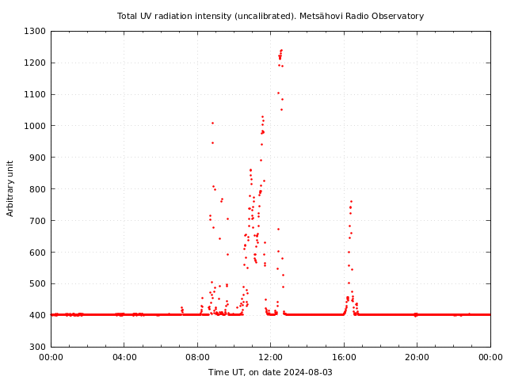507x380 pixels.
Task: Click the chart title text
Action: coord(270,16)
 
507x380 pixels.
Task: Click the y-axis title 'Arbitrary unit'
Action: coord(10,188)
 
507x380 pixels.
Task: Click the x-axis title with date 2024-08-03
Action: coord(270,372)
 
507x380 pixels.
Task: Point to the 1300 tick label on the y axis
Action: coord(35,31)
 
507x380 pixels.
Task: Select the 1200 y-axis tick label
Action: coord(35,63)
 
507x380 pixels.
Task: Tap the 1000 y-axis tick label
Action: coord(35,126)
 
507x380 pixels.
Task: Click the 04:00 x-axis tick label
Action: coord(124,357)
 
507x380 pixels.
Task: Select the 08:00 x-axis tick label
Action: coord(197,357)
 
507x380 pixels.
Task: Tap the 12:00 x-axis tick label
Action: coord(271,357)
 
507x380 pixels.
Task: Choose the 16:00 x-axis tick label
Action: coord(344,357)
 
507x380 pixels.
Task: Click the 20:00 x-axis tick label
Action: coord(417,357)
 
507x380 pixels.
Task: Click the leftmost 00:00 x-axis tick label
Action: coord(51,357)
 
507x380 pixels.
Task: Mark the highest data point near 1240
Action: coord(281,51)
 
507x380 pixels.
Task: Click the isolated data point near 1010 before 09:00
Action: coord(212,123)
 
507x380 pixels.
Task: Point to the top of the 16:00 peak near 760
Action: coord(351,202)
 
